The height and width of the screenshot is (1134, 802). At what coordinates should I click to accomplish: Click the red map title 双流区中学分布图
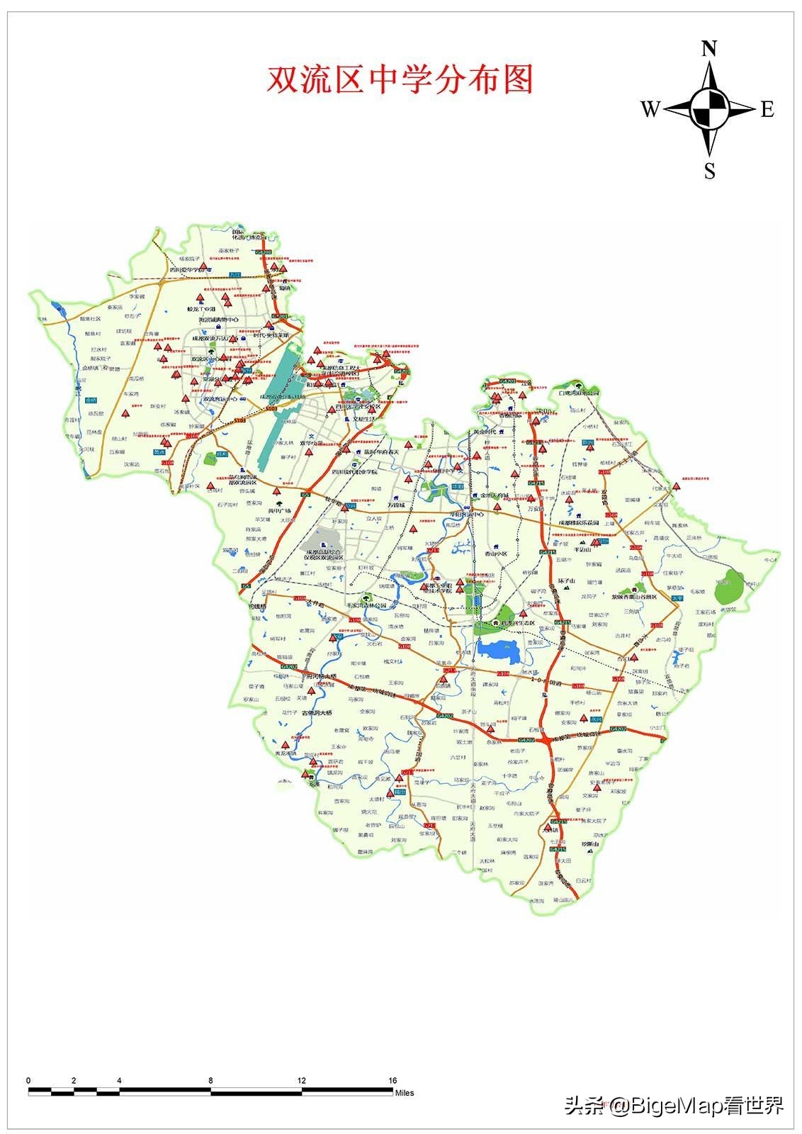[400, 79]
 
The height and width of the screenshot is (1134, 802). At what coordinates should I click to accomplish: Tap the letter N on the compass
[709, 49]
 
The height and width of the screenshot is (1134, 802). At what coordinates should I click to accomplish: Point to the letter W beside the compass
[650, 109]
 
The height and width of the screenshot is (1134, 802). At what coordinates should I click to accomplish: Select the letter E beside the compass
[767, 109]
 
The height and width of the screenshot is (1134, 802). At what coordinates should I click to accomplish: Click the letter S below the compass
[709, 172]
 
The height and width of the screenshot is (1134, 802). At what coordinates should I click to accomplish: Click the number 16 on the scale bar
[392, 1080]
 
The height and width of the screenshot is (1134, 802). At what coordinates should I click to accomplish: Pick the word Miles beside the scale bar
[405, 1093]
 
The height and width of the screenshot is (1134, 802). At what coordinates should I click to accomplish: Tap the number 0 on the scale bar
[28, 1080]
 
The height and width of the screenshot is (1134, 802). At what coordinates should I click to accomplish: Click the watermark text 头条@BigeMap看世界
[674, 1105]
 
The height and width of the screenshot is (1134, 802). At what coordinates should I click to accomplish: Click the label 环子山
[568, 581]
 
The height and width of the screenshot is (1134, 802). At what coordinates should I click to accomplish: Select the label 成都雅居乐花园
[578, 523]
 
